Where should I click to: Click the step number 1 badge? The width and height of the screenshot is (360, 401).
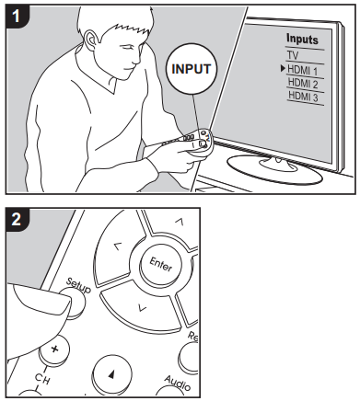(16, 16)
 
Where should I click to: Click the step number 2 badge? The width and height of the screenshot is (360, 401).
(17, 219)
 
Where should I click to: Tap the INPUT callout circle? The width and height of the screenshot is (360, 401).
(192, 69)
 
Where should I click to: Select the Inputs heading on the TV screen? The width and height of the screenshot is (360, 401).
(302, 40)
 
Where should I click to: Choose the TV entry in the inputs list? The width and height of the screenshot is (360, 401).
(293, 55)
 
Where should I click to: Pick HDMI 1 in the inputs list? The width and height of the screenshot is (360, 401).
(302, 70)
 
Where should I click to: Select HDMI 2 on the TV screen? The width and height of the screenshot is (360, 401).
(303, 83)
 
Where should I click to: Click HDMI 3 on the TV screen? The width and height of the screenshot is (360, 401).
(303, 97)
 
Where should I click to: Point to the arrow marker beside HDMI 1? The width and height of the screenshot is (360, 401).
(283, 69)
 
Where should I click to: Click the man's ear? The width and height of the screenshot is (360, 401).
(90, 40)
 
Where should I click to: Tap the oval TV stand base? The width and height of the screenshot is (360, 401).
(274, 168)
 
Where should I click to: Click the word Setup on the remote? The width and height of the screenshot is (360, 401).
(79, 285)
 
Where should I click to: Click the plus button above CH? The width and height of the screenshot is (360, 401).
(54, 349)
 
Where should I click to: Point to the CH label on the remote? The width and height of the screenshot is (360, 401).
(41, 379)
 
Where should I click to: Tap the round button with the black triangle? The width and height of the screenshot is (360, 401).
(112, 374)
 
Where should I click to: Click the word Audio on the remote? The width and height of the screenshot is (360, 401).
(178, 383)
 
